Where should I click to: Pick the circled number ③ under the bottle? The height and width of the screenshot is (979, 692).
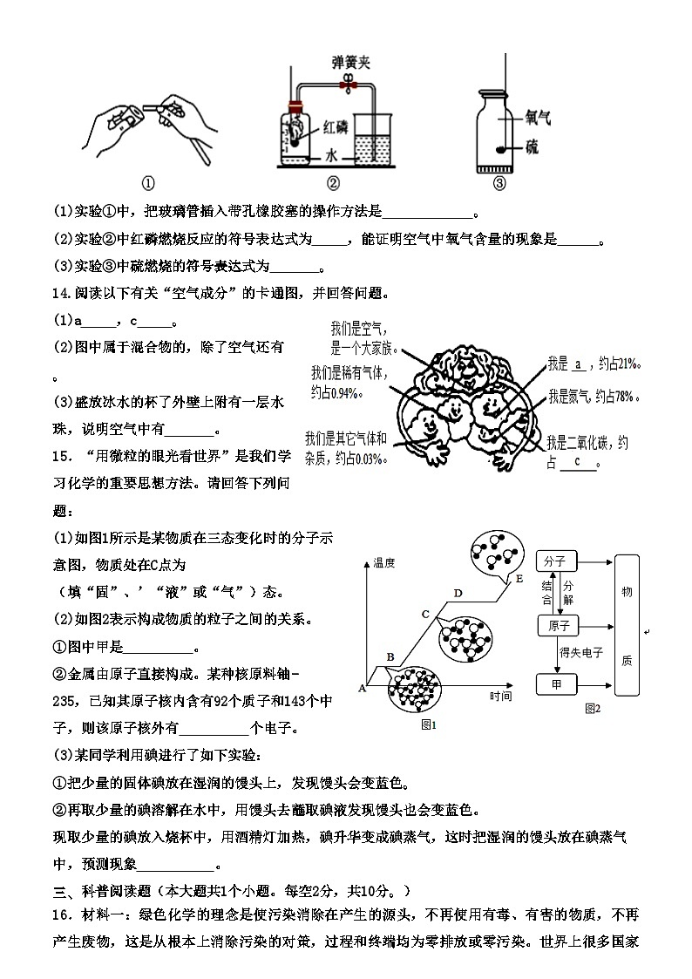click(x=499, y=183)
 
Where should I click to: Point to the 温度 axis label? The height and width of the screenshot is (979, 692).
click(x=384, y=564)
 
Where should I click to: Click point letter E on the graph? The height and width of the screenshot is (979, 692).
click(x=519, y=578)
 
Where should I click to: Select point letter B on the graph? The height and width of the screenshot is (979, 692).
click(x=390, y=656)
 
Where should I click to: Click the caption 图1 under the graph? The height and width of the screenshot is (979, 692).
click(x=429, y=724)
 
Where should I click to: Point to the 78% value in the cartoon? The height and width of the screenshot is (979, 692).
click(x=623, y=398)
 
